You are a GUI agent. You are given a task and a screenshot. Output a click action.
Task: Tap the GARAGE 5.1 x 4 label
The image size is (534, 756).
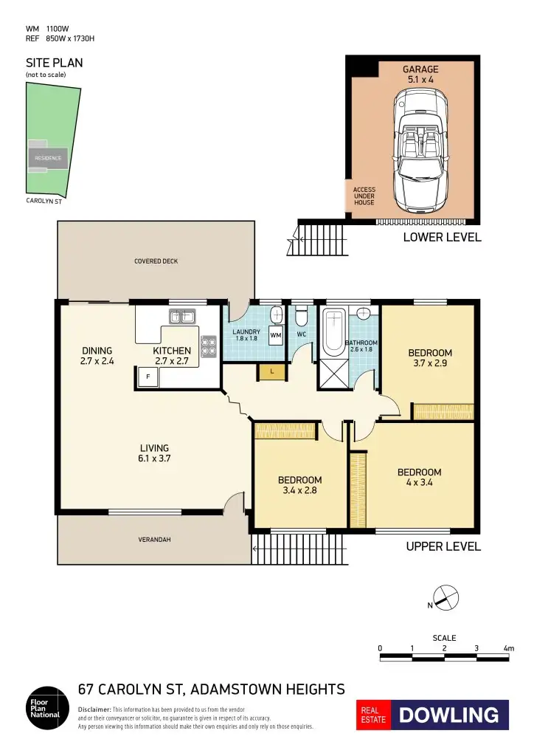pos(420,74)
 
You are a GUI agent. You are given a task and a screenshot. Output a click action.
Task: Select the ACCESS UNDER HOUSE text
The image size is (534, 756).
pos(364,196)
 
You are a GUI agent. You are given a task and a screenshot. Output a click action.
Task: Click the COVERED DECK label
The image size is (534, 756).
pos(156,261)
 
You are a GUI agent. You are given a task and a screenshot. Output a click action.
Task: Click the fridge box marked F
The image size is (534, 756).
pos(147,377)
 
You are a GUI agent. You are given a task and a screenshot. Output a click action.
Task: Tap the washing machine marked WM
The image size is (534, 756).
pos(276,336)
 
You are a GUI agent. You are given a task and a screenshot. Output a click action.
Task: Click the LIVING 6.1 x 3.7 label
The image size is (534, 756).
pos(155,453)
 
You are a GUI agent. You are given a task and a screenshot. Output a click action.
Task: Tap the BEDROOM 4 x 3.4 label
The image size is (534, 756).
pos(419,478)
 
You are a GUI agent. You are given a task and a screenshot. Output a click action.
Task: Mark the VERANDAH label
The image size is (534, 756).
pos(155,540)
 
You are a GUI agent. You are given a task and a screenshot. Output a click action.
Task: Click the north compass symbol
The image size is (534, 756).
pos(444,597)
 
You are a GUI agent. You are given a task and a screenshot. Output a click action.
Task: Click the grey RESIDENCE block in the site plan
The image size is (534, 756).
pos(49,158)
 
